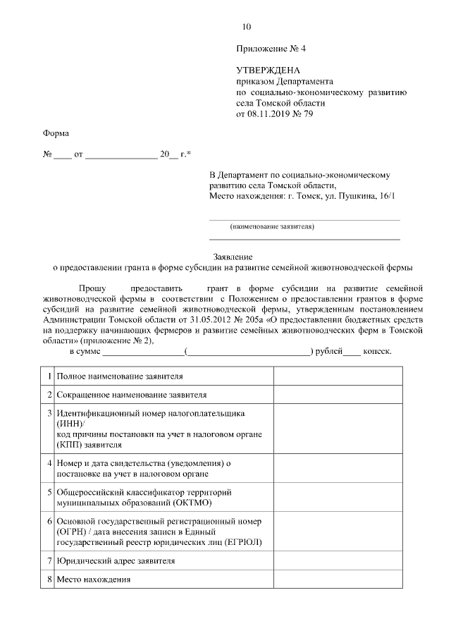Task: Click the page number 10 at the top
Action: (246, 27)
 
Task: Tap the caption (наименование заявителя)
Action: (272, 226)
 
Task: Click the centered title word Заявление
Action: (233, 257)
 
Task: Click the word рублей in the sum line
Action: (327, 350)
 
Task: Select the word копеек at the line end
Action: (377, 350)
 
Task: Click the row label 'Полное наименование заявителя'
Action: (120, 377)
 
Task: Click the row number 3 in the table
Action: (49, 413)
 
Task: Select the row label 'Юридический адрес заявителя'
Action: (116, 561)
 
